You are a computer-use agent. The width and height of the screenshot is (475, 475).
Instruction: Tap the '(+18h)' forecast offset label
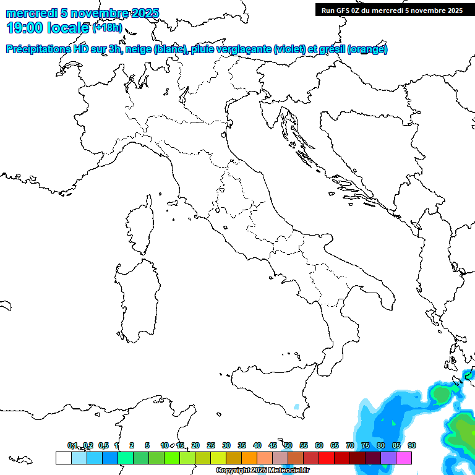pyautogui.click(x=108, y=28)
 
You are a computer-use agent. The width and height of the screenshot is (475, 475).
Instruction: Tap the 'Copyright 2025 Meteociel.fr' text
pyautogui.click(x=262, y=471)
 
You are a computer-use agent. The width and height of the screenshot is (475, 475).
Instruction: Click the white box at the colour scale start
pyautogui.click(x=63, y=458)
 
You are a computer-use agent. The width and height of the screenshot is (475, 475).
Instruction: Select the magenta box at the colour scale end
pyautogui.click(x=404, y=458)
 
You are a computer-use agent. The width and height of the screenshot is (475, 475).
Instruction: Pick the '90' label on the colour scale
pyautogui.click(x=412, y=445)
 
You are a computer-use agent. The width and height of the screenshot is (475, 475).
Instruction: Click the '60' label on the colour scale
pyautogui.click(x=319, y=445)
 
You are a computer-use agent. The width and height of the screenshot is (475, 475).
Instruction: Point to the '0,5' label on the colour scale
pyautogui.click(x=103, y=445)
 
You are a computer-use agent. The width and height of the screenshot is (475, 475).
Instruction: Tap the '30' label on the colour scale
pyautogui.click(x=226, y=445)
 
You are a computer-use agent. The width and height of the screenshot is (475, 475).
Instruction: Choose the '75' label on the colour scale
pyautogui.click(x=366, y=445)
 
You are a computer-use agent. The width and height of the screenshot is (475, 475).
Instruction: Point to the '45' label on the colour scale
pyautogui.click(x=273, y=445)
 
